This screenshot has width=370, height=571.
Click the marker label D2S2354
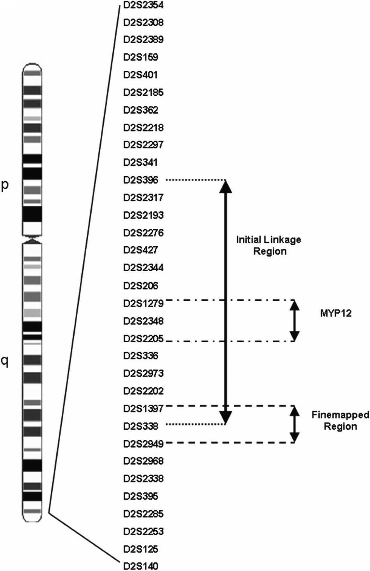tap(143, 5)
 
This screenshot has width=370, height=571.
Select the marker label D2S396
tap(141, 180)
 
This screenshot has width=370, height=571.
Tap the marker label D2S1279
tap(143, 303)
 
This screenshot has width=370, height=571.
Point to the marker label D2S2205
tap(143, 339)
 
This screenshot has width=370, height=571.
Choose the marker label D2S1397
tap(143, 409)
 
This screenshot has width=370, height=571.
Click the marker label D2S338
tap(141, 426)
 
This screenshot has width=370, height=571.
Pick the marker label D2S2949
tap(143, 444)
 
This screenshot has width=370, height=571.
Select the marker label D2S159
tap(141, 57)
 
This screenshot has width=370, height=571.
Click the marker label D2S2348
tap(143, 321)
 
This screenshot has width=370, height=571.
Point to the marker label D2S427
tap(141, 250)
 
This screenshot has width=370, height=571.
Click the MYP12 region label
tap(335, 314)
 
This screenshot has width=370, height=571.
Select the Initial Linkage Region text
tap(269, 245)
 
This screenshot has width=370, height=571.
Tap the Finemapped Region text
tap(340, 421)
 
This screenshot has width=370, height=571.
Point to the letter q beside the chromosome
tap(5, 362)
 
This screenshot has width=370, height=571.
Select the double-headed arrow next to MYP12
tap(295, 321)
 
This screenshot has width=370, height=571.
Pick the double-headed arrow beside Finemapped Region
tap(295, 424)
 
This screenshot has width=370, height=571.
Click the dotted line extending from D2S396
tap(195, 180)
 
